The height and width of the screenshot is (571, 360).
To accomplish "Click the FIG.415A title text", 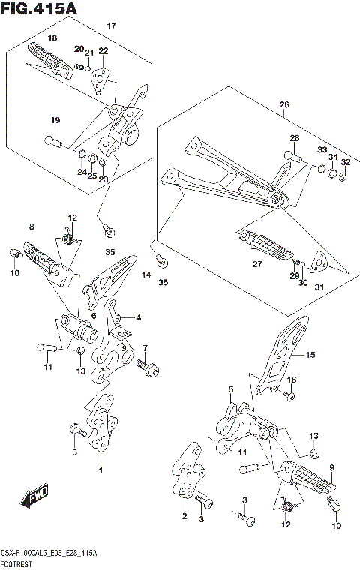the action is click(x=39, y=8).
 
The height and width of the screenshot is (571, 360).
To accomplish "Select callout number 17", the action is click(x=111, y=26).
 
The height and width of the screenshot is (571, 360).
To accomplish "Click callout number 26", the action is click(x=284, y=104).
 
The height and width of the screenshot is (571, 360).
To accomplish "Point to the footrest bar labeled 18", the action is click(x=50, y=60).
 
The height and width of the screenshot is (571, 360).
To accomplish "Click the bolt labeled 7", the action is click(x=148, y=368).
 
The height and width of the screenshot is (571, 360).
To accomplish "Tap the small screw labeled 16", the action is click(x=289, y=396).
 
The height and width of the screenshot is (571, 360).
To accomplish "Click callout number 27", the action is click(x=257, y=264).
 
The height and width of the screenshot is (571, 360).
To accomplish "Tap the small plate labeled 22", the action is click(x=100, y=80).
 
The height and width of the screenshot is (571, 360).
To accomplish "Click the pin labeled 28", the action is click(x=293, y=157).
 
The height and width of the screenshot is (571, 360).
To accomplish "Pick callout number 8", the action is click(x=31, y=227).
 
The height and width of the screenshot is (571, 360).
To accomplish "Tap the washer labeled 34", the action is click(x=332, y=173).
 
